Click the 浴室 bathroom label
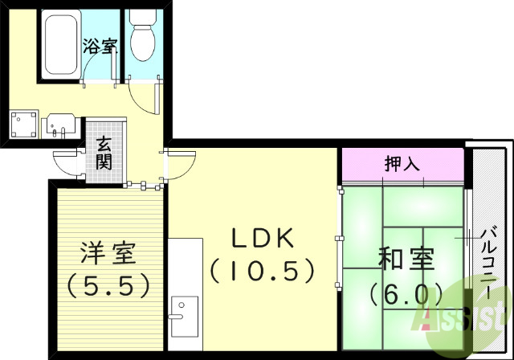tap(100, 45)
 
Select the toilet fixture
tap(143, 36)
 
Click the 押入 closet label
tap(402, 165)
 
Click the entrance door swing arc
tap(66, 161)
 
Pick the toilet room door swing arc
tap(145, 98)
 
